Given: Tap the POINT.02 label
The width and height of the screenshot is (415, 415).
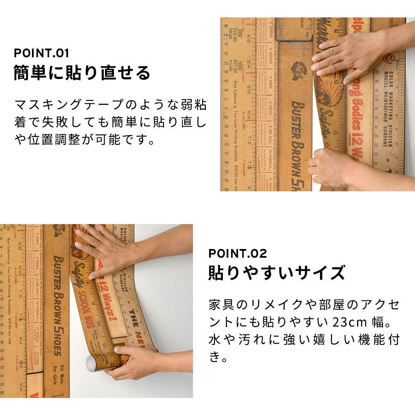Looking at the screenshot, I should click(x=237, y=253).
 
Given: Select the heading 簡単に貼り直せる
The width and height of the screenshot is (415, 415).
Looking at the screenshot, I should click(x=82, y=73).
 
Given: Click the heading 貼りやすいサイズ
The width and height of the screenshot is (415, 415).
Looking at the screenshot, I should click(x=276, y=273).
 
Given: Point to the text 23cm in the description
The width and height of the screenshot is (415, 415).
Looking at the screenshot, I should click(x=354, y=322).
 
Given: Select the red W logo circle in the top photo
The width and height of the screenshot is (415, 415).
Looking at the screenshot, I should click(x=388, y=58).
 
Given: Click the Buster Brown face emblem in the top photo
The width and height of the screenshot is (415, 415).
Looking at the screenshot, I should click(x=298, y=70).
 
